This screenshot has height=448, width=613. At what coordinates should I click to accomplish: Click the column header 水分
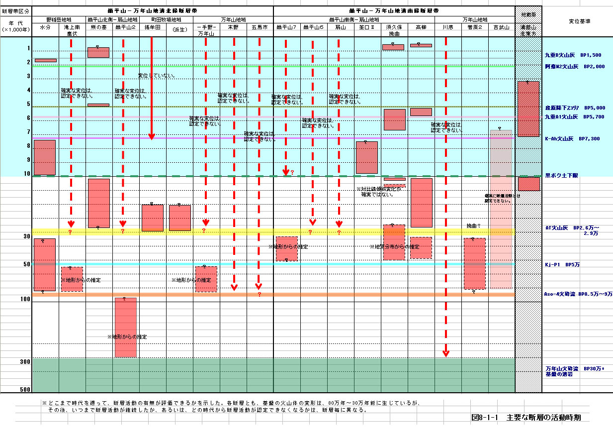tap(45, 28)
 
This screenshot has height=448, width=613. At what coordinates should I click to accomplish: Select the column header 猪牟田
tap(153, 28)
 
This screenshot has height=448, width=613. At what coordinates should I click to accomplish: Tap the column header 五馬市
tap(260, 28)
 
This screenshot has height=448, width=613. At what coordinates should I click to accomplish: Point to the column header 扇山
tap(341, 28)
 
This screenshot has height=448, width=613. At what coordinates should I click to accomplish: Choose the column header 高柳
tap(421, 28)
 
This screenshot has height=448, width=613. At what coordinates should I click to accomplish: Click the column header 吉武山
tap(501, 28)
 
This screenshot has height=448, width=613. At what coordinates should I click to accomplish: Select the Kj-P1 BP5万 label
tap(562, 265)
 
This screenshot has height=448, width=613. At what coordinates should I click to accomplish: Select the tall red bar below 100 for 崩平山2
tap(125, 327)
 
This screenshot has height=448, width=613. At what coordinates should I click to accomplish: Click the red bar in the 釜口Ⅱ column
tap(367, 157)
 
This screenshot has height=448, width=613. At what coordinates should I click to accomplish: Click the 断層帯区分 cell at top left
tap(15, 11)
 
